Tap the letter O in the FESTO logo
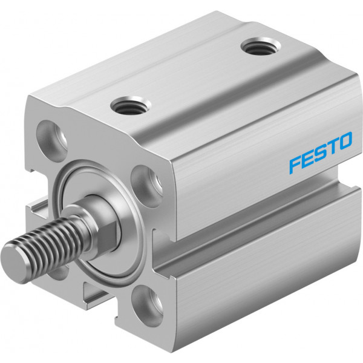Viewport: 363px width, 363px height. [345, 141]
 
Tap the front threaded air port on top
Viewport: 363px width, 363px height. [130, 107]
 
